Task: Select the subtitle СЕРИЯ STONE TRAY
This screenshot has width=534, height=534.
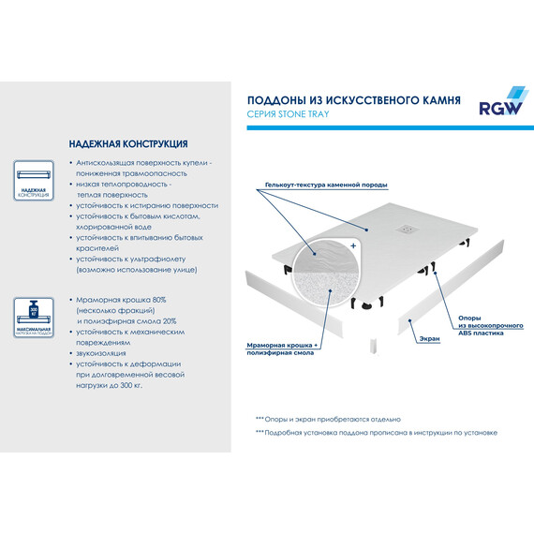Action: tap(288, 114)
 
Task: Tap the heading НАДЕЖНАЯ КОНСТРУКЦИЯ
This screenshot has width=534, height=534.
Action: tap(127, 145)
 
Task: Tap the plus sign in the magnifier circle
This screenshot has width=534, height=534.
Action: tap(353, 245)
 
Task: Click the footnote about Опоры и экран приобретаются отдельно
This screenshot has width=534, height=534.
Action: tap(327, 419)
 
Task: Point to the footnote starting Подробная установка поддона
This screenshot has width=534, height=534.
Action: tap(375, 433)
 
